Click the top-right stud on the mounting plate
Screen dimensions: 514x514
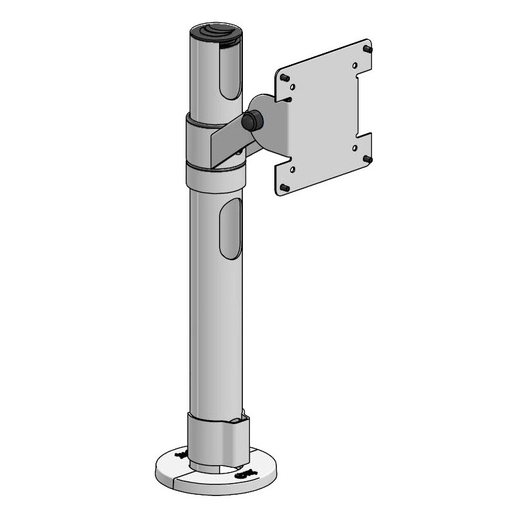point(368,48)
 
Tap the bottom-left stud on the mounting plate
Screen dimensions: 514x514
point(283,188)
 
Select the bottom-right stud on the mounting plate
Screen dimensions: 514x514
point(367,157)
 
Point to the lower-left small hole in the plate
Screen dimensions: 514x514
point(293,169)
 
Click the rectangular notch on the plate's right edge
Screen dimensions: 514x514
point(364,103)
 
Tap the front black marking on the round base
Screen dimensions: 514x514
point(245,474)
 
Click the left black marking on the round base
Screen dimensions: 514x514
point(181,455)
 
